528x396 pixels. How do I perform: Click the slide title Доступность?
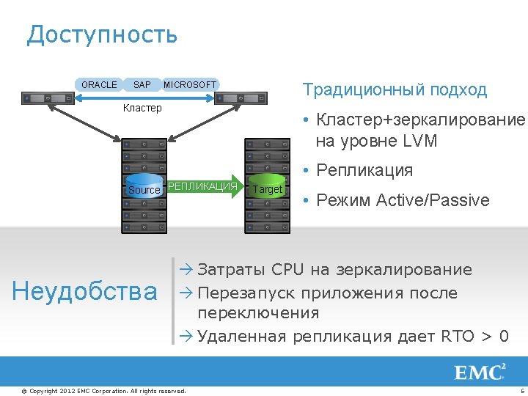[x=102, y=34]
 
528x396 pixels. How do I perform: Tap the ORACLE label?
[x=99, y=85]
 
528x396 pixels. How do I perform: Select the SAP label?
[x=142, y=85]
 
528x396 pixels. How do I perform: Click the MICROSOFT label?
[x=190, y=85]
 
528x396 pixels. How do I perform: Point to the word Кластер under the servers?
[x=142, y=109]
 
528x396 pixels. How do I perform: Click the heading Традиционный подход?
[x=395, y=90]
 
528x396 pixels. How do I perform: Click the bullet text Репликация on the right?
[x=364, y=171]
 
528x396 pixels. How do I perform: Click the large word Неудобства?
[x=85, y=292]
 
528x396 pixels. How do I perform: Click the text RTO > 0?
[x=474, y=337]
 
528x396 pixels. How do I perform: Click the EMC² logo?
[x=480, y=372]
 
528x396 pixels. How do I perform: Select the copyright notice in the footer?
[x=103, y=391]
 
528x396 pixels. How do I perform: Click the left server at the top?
[x=48, y=98]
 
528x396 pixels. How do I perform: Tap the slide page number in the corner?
[x=520, y=391]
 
